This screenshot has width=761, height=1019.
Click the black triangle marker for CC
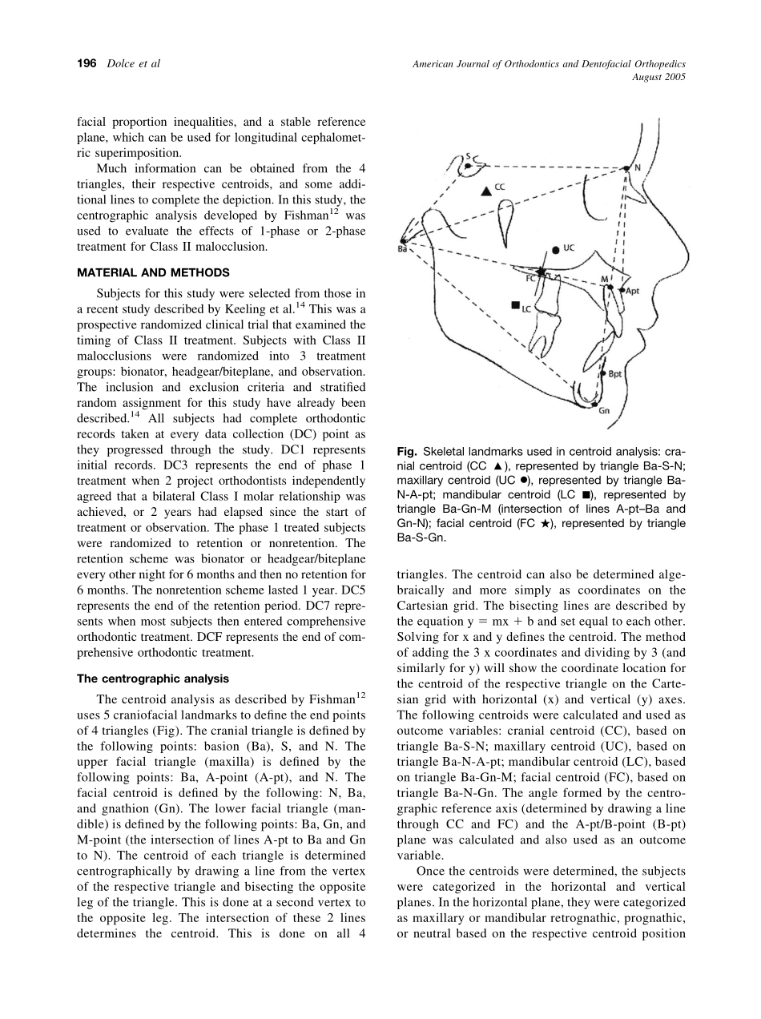tap(485, 191)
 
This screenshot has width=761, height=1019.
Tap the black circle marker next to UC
tap(556, 250)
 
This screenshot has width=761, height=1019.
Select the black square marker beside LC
tap(515, 304)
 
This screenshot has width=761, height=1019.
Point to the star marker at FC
tap(542, 273)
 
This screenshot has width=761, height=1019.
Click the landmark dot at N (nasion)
tap(626, 168)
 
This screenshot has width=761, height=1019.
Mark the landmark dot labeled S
tap(468, 166)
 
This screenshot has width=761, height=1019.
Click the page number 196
tap(87, 63)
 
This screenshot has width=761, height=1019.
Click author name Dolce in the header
tap(122, 63)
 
